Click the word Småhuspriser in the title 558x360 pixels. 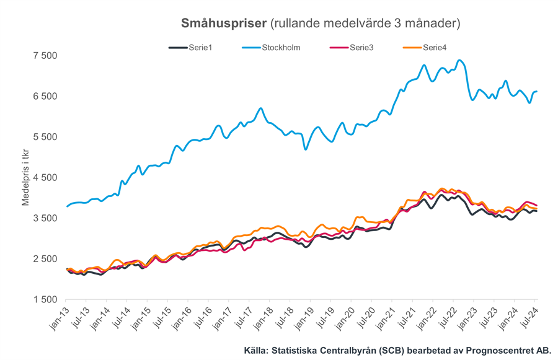(x=224, y=24)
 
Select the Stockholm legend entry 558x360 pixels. (x=281, y=47)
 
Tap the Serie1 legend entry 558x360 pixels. (x=200, y=47)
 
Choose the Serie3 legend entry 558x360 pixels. (x=361, y=47)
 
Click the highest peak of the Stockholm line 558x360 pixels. (x=459, y=60)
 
